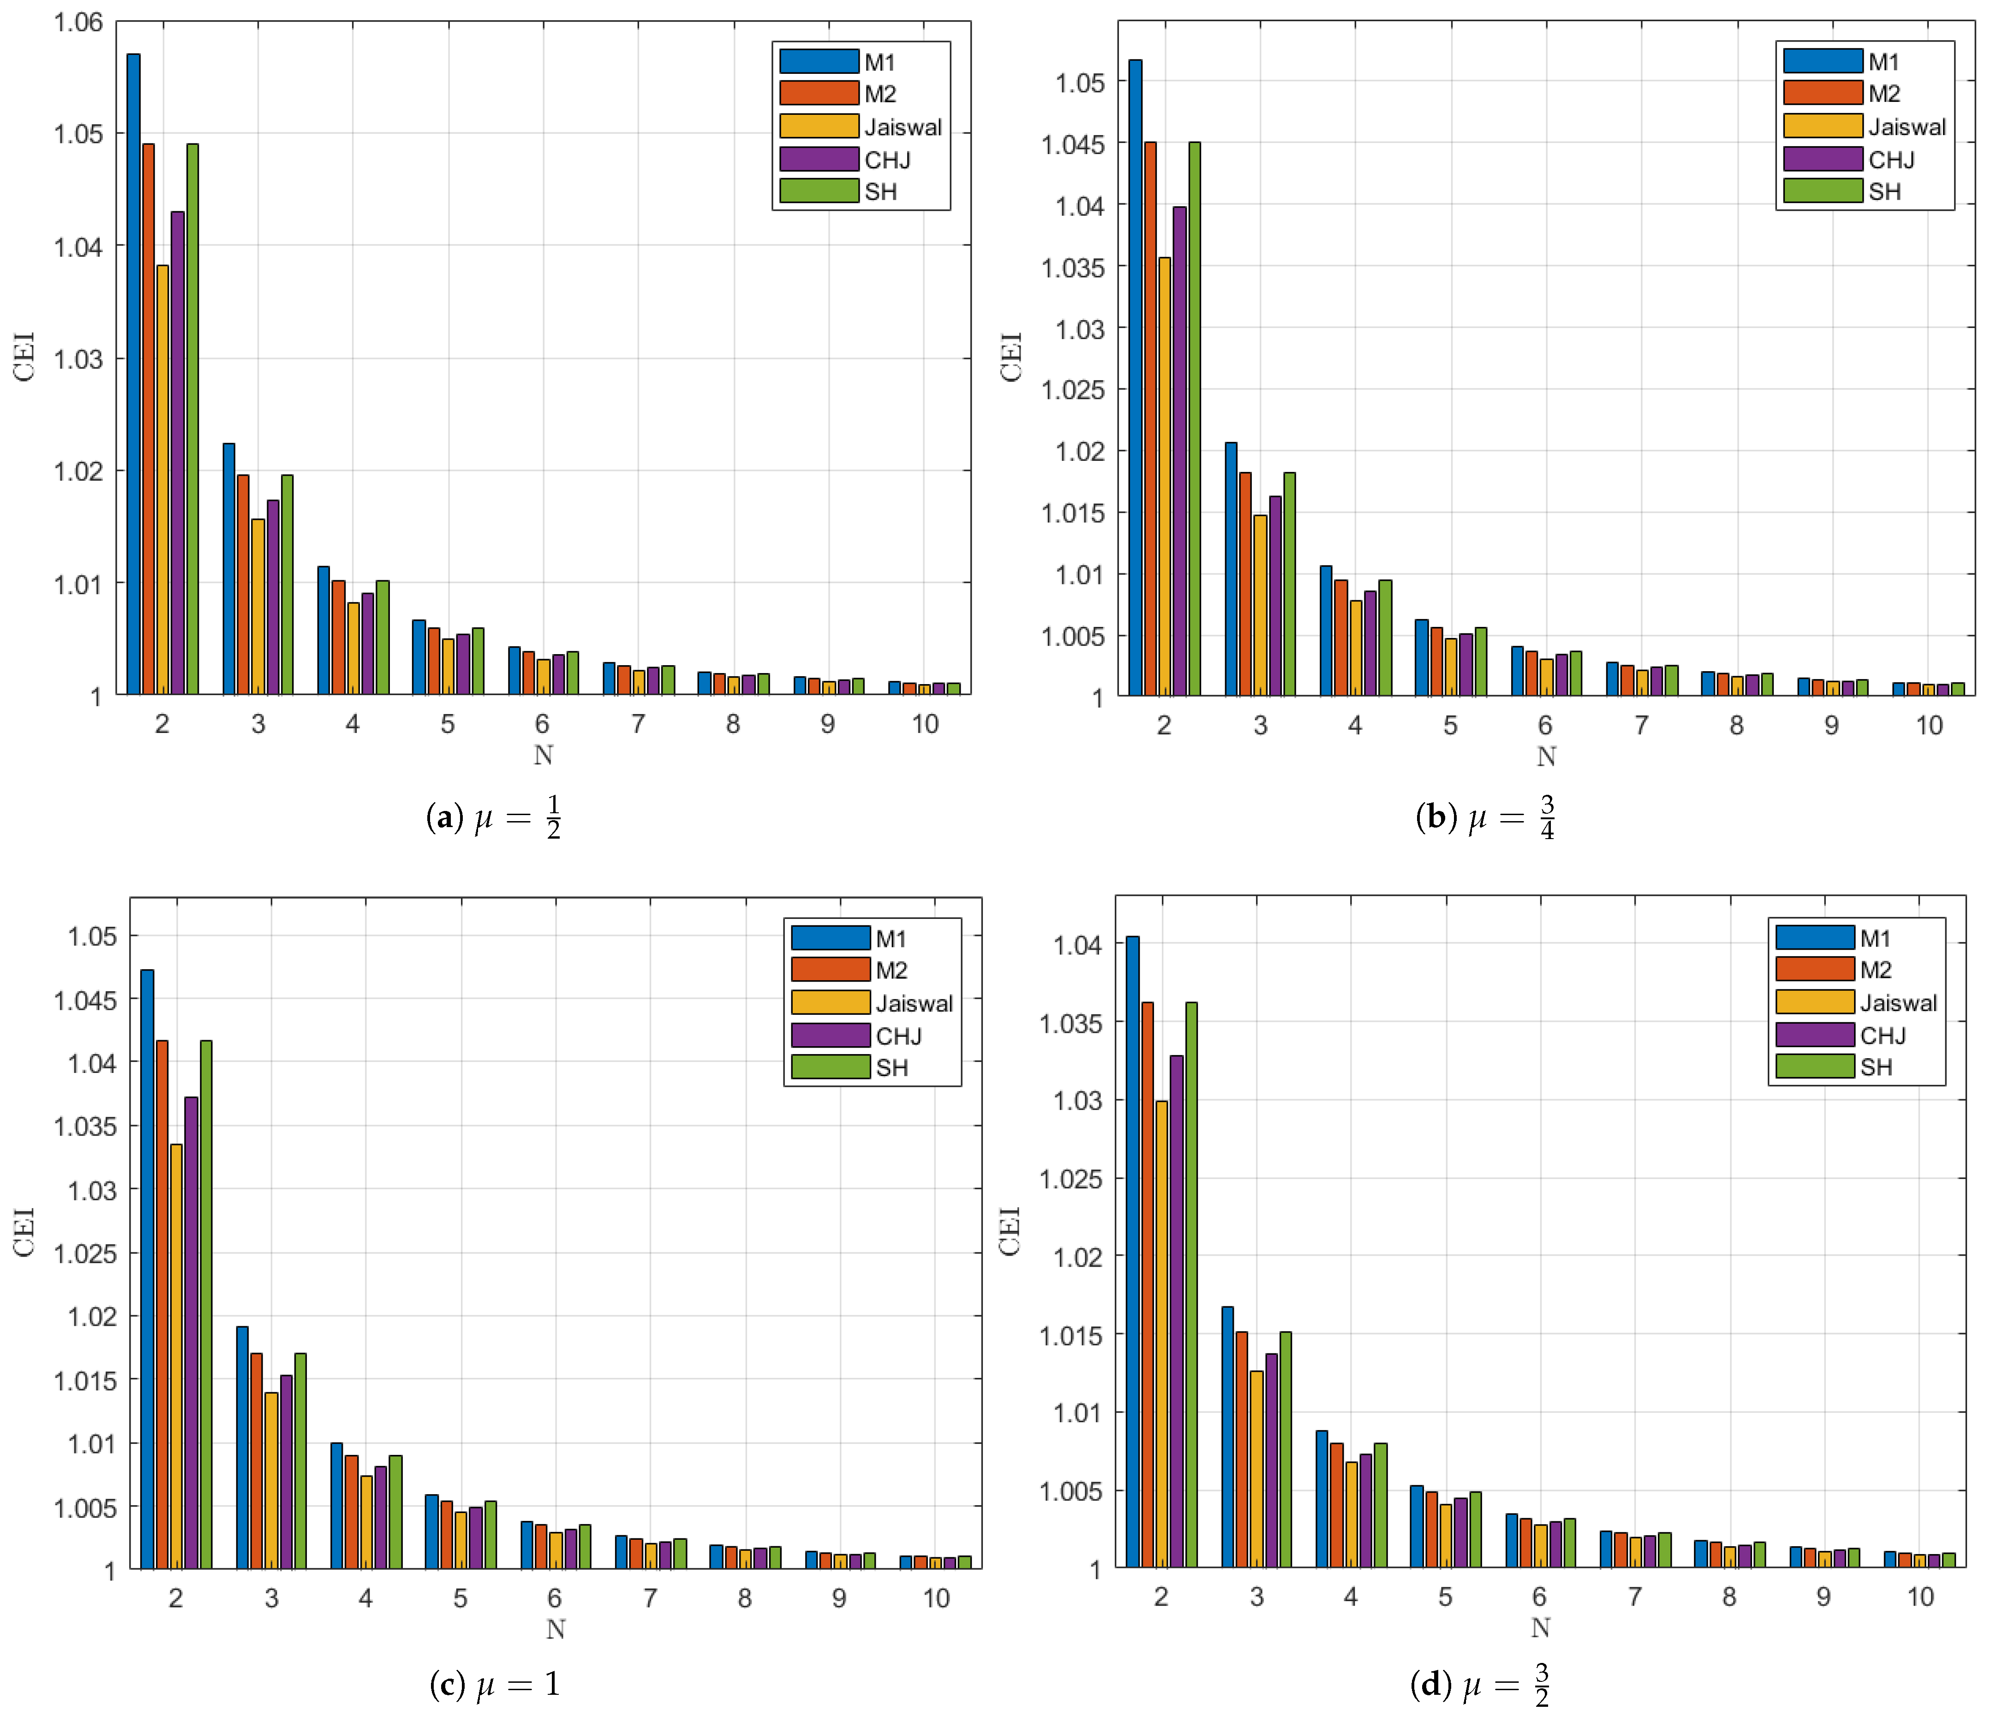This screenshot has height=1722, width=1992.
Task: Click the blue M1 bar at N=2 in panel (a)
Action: (x=134, y=375)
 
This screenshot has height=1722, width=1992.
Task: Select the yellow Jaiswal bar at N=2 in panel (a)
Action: (x=162, y=481)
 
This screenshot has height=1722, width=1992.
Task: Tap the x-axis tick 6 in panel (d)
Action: (x=1539, y=1597)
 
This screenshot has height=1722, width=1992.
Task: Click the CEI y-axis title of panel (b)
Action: (x=1011, y=358)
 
